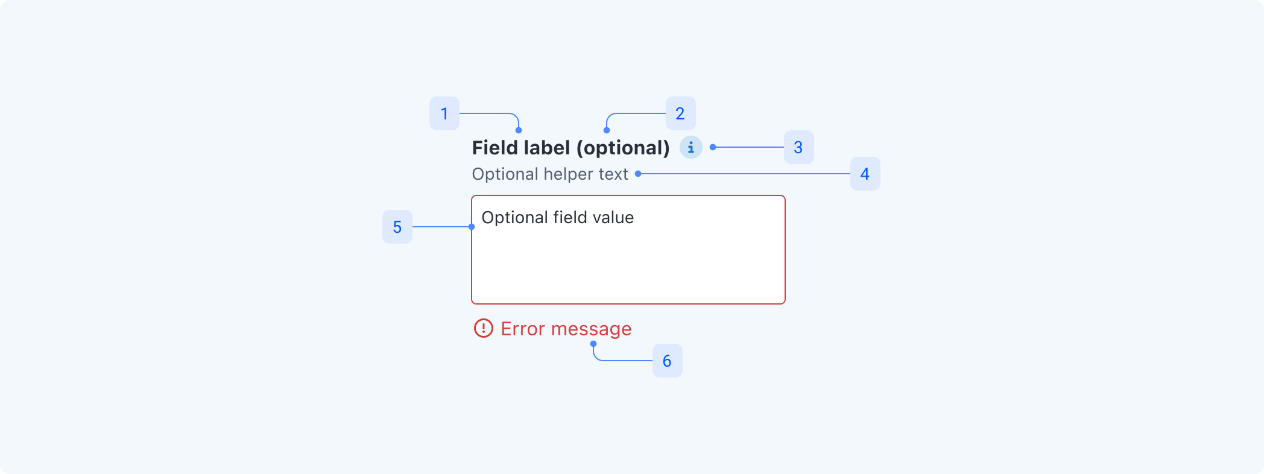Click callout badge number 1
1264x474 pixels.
(x=444, y=113)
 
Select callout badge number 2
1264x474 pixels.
(x=680, y=113)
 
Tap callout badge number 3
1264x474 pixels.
(x=798, y=147)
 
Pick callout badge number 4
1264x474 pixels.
(x=865, y=174)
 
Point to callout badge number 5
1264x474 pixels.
(x=397, y=227)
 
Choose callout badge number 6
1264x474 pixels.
(x=667, y=361)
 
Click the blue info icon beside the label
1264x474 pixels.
(x=691, y=147)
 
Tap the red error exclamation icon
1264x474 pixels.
(x=483, y=328)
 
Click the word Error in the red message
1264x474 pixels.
(x=522, y=329)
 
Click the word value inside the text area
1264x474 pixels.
(x=612, y=217)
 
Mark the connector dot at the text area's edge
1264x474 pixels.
(x=472, y=227)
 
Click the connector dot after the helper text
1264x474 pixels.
(x=638, y=174)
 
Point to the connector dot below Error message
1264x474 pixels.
(x=593, y=344)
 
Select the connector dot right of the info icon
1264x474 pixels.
(x=713, y=147)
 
